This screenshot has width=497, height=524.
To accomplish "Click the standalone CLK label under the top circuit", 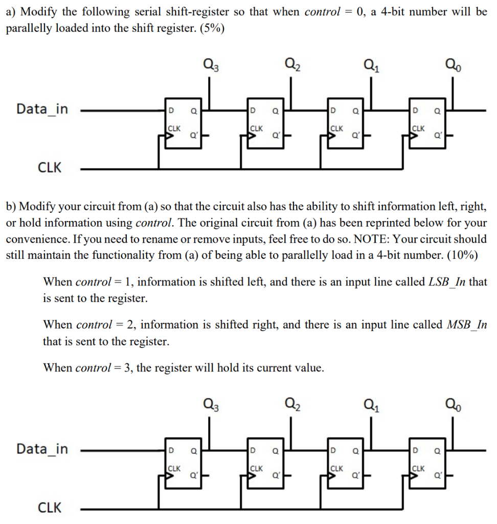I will click(50, 167).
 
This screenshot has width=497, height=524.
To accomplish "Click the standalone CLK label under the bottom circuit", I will click(50, 508).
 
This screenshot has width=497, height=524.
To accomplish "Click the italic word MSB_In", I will click(466, 324).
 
